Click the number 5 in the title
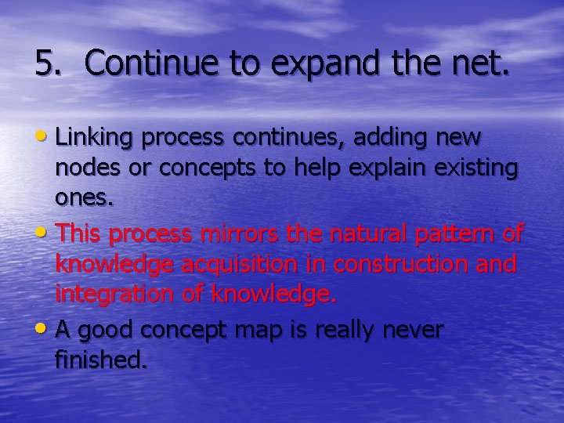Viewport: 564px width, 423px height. pyautogui.click(x=45, y=63)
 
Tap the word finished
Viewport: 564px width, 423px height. pyautogui.click(x=99, y=361)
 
